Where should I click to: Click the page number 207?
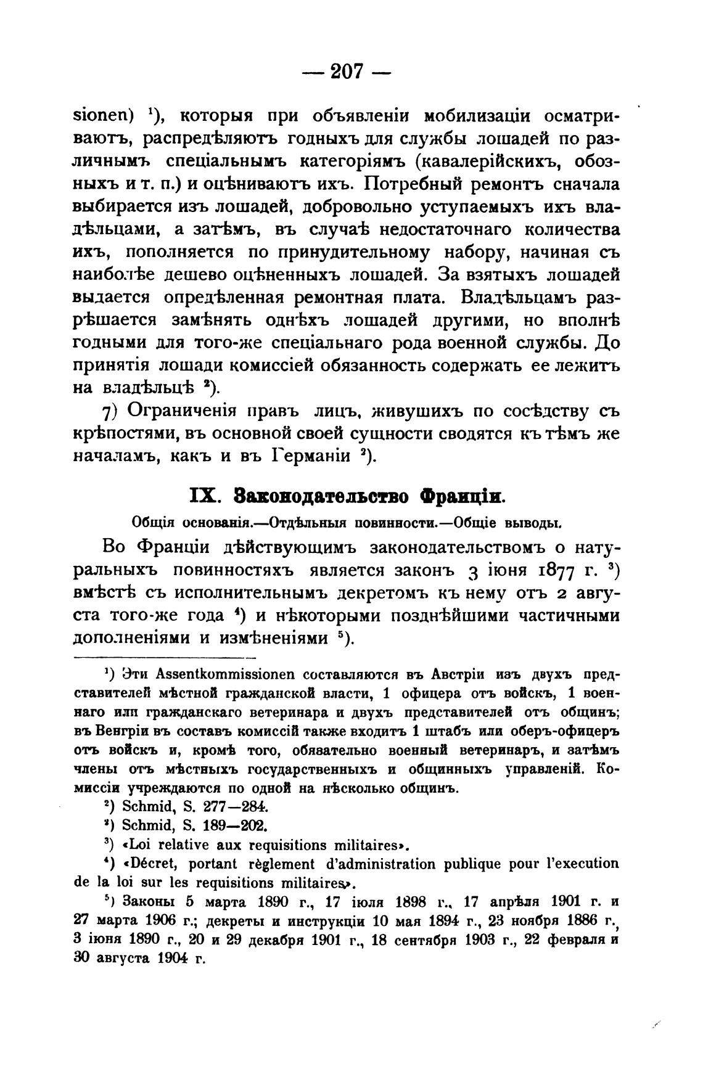click(349, 73)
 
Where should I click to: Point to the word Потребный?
click(411, 184)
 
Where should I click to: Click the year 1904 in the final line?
click(173, 959)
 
